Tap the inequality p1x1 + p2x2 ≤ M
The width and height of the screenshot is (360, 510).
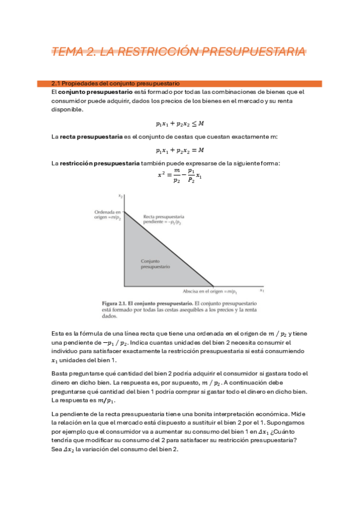(180, 124)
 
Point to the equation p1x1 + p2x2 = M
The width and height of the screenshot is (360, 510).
(180, 150)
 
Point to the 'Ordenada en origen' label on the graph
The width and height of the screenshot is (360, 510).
(108, 215)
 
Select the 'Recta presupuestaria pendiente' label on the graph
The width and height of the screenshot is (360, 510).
(163, 218)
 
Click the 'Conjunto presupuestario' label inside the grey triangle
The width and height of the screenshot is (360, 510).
(156, 263)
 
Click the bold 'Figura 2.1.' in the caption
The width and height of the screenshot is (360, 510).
(117, 302)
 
